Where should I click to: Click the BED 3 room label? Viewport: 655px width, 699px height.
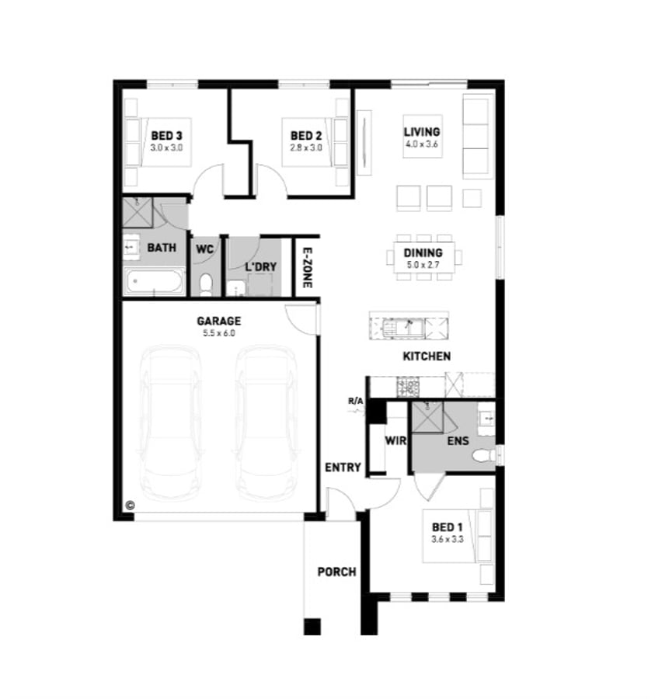(165, 134)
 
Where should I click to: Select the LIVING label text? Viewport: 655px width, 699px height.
(422, 132)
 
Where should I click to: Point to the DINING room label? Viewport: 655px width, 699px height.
(423, 252)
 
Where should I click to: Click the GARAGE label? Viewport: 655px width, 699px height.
(218, 320)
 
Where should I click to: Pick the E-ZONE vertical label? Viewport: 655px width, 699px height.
(307, 268)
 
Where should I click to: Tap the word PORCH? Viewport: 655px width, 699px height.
(336, 572)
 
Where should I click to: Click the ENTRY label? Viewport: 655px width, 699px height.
(343, 467)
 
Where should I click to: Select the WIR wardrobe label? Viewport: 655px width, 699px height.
(395, 440)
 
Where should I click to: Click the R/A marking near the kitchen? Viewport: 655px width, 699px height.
(356, 401)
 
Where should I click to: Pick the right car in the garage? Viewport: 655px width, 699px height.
(267, 423)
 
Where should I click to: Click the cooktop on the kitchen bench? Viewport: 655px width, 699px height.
(407, 384)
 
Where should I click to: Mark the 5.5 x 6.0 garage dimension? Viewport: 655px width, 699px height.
(218, 332)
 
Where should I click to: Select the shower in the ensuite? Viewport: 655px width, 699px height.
(427, 418)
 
